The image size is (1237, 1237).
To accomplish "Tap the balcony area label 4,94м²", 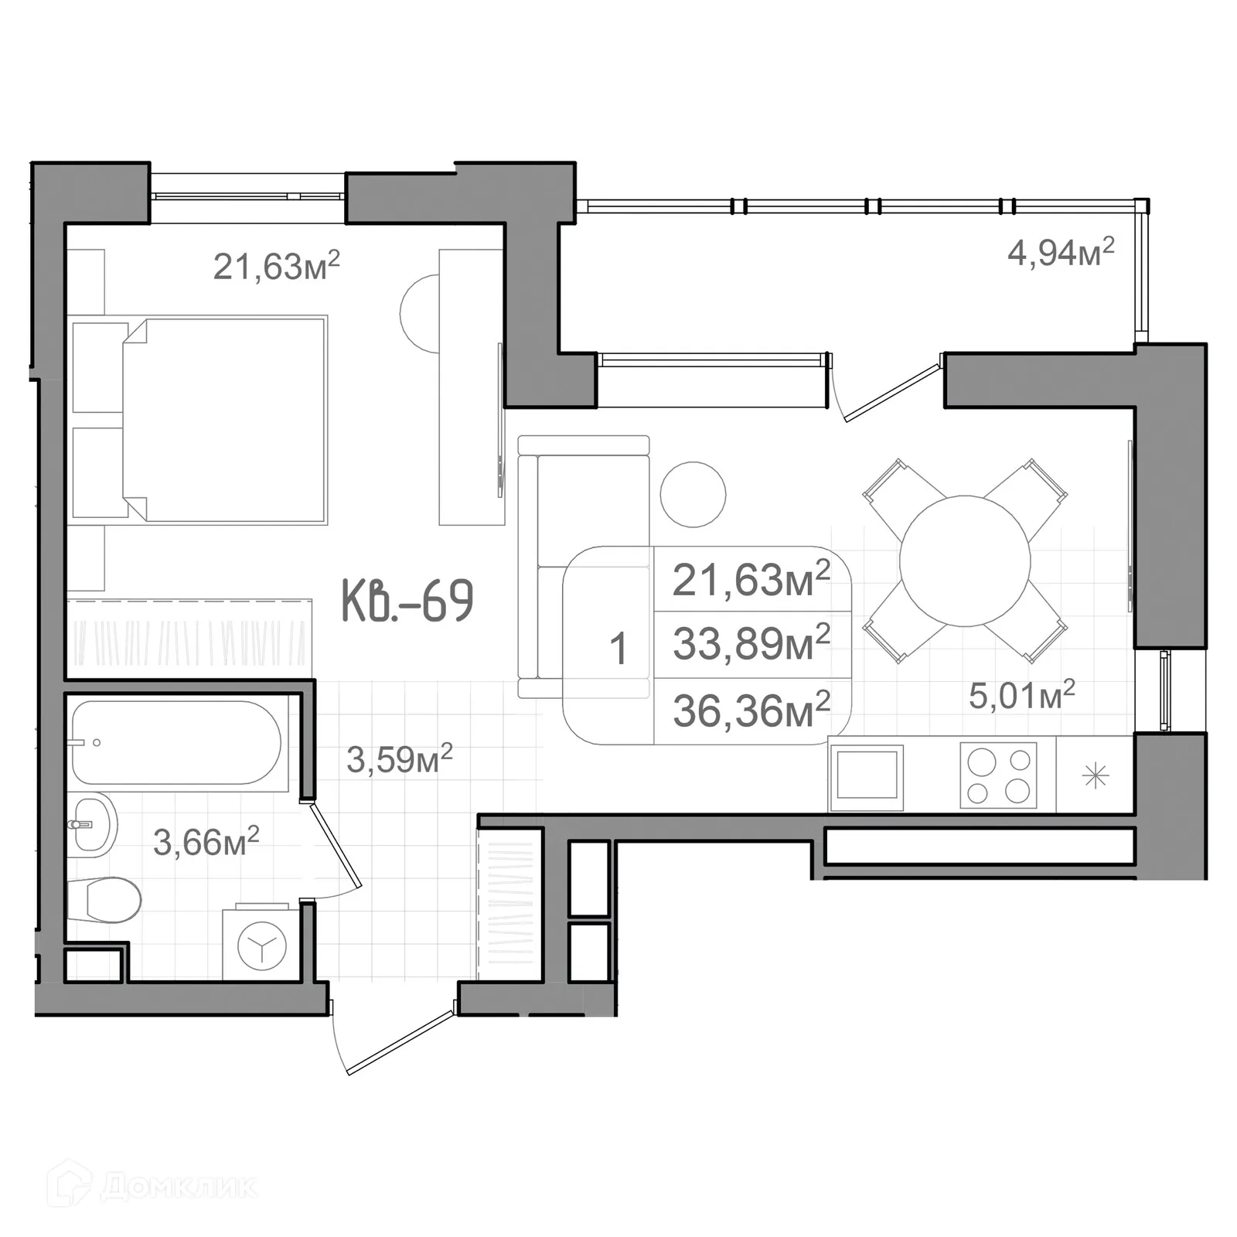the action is (1061, 252).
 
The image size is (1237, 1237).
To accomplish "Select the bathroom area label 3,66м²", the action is (206, 841).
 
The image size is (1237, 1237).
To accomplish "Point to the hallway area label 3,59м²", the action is (399, 758).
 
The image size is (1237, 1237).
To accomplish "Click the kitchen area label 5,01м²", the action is (1022, 694).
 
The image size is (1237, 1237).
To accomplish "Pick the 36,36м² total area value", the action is (751, 710).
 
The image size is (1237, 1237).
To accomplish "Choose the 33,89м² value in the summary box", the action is (751, 642).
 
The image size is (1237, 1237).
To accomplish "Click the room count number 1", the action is (618, 648).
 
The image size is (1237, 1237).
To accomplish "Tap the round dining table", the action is (965, 561).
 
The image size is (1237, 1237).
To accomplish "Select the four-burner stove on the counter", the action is (998, 775).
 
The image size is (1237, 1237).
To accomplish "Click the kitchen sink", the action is (869, 777).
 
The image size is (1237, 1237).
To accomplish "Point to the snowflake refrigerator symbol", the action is (1096, 775).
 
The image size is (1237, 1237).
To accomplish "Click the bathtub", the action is (176, 743).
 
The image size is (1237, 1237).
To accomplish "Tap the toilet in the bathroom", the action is (104, 900).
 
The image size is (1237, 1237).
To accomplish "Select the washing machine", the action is (261, 943).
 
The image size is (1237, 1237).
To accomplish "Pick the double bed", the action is (198, 420).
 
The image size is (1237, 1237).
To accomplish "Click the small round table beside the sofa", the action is (693, 495).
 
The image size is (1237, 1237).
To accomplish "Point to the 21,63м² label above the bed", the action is (276, 266).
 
